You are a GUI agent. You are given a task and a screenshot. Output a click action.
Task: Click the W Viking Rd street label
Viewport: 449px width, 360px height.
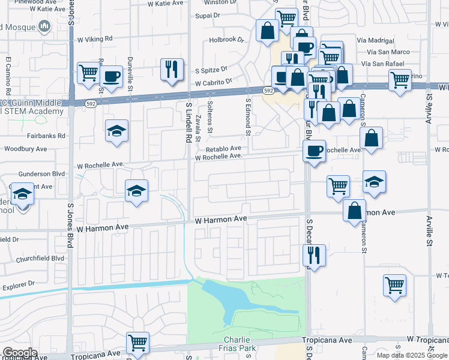pyautogui.click(x=95, y=38)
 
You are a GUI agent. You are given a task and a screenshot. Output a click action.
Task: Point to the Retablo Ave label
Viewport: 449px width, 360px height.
pyautogui.click(x=223, y=148)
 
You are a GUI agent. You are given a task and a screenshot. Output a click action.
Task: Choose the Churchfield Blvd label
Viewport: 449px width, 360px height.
pyautogui.click(x=40, y=259)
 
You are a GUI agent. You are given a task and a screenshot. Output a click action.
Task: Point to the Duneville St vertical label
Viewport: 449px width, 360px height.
pyautogui.click(x=130, y=71)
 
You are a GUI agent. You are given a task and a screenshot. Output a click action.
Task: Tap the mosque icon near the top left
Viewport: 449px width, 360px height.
pyautogui.click(x=43, y=26)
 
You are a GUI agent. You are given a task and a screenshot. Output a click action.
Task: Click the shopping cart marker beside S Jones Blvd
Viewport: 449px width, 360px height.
pyautogui.click(x=88, y=73)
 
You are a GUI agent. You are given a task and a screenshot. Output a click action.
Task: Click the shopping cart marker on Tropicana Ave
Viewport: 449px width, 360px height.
pyautogui.click(x=138, y=343)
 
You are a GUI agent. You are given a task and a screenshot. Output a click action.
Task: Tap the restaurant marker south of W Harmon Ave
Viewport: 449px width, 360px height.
pyautogui.click(x=314, y=254)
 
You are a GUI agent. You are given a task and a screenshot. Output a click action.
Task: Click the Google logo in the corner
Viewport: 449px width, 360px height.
pyautogui.click(x=19, y=353)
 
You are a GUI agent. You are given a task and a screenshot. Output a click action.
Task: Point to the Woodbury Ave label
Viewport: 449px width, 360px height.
pyautogui.click(x=25, y=149)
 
